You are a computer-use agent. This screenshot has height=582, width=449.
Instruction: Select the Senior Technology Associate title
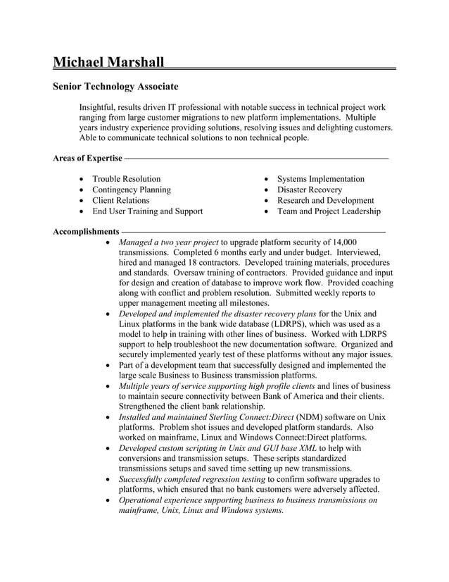[x=115, y=87]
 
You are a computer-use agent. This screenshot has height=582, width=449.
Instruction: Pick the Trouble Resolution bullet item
[x=127, y=179]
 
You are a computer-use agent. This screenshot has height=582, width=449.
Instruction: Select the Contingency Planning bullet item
[x=132, y=190]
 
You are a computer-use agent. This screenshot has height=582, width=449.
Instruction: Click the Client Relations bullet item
[x=121, y=200]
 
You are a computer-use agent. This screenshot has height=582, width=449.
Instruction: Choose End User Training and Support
[x=148, y=211]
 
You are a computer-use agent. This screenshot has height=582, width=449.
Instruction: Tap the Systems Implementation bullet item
[x=320, y=179]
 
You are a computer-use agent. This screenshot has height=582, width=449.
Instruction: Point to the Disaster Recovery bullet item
[x=310, y=190]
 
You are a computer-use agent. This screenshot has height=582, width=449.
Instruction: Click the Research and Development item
[x=325, y=200]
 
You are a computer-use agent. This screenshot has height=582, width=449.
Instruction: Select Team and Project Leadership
[x=329, y=211]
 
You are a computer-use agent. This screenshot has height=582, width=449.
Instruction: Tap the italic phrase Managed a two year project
[x=169, y=242]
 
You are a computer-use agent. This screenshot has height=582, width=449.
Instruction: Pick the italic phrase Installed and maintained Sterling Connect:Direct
[x=200, y=418]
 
